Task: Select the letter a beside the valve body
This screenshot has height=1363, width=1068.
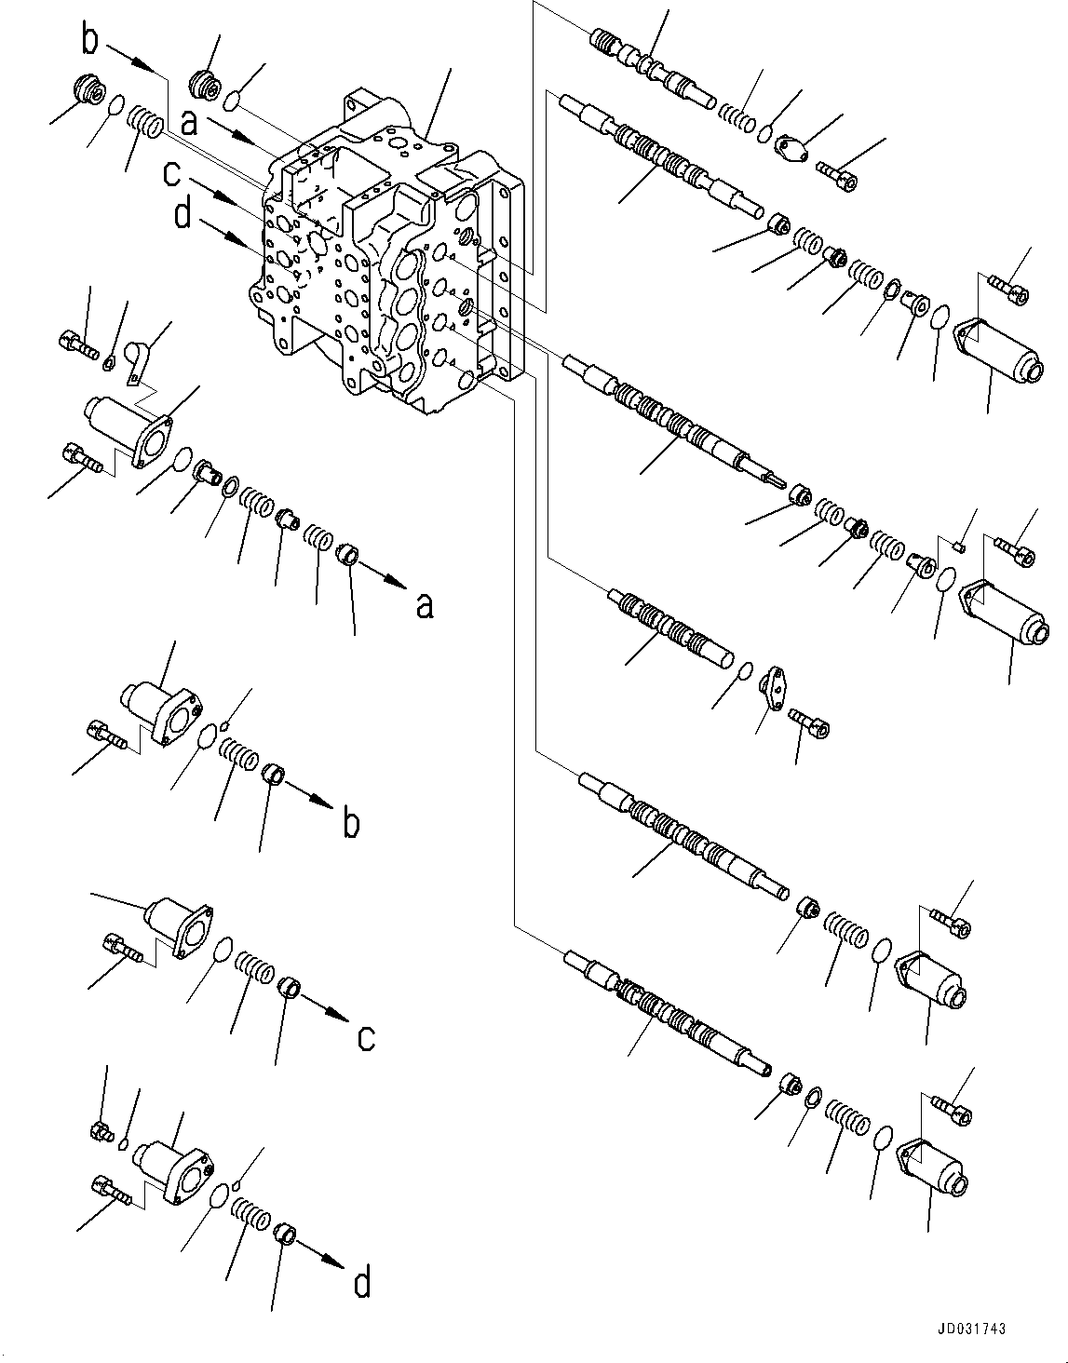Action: [x=189, y=123]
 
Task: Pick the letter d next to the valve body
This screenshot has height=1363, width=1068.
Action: [x=183, y=216]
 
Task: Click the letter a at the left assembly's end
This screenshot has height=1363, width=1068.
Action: [x=424, y=605]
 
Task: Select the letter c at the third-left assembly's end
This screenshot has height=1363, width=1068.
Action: [x=366, y=1036]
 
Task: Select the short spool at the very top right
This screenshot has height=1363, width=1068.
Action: [x=651, y=69]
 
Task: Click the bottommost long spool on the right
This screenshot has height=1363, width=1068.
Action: [x=670, y=1015]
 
